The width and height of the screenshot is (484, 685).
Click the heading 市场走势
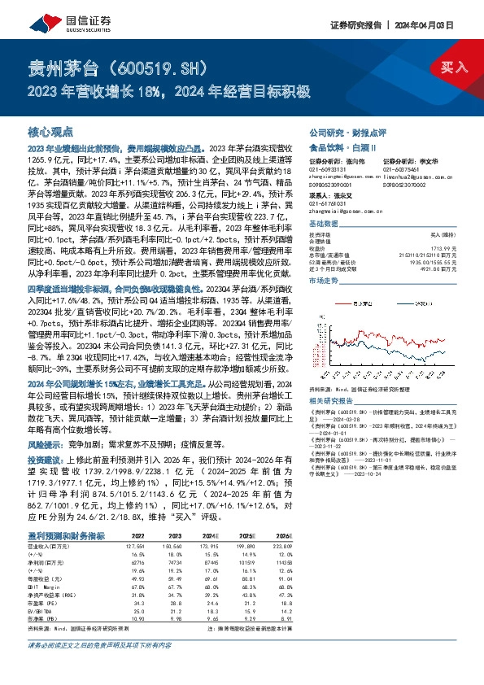pos(324,280)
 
